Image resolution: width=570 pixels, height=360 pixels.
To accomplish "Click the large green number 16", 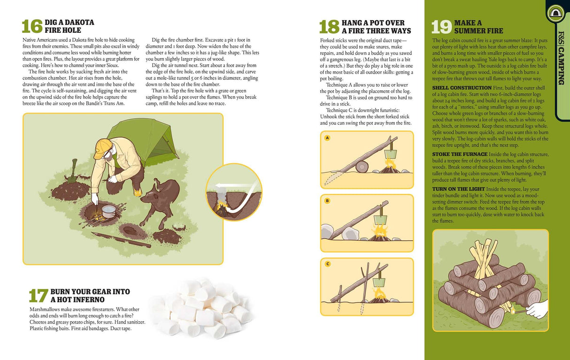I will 32,27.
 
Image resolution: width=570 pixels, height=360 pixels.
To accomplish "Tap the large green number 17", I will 38,296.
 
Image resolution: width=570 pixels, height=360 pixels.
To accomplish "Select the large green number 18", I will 329,27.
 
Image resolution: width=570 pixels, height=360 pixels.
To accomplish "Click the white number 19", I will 441,27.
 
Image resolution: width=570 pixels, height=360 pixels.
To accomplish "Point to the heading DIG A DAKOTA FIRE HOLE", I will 69,26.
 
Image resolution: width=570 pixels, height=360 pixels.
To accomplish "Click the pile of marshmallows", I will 201,307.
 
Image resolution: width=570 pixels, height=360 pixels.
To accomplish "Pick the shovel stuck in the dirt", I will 73,171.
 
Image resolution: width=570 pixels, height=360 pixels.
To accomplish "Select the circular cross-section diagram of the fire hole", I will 233,192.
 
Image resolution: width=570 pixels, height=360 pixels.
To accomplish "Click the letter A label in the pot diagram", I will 327,138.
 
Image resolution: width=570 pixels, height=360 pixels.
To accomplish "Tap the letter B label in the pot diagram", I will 327,201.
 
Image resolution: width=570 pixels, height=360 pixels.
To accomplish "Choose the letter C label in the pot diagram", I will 327,264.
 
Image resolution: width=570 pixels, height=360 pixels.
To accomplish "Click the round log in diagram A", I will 362,167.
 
